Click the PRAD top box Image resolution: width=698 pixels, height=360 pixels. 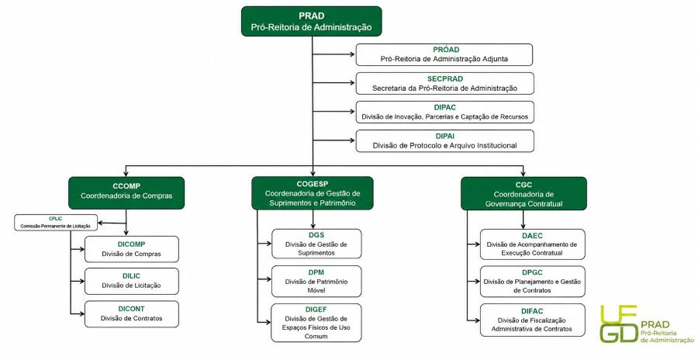pos(312,21)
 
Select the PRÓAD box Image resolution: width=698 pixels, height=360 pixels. pos(444,54)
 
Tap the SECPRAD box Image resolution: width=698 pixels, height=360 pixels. pos(444,84)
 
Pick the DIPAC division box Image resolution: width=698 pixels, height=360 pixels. pos(444,112)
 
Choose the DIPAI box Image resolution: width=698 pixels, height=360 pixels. pos(444,140)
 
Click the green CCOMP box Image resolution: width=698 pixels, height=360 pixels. pos(126,193)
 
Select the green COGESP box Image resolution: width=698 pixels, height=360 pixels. pos(313,193)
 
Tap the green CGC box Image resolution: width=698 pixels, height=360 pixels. pos(523,194)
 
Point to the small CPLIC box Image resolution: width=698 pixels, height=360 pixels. pos(56,223)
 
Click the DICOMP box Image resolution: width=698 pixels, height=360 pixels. pos(132,249)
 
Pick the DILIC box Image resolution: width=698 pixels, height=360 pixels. pos(132,281)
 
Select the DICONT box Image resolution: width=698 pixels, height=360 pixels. pos(132,314)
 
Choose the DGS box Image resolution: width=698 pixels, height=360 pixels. pos(316,244)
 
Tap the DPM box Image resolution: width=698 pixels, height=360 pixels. pos(316,281)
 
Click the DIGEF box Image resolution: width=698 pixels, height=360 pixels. pos(316,323)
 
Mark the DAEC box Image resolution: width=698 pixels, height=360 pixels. pos(532,244)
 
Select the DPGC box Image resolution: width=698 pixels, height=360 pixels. pos(532,282)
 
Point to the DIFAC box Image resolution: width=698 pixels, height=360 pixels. pos(532,320)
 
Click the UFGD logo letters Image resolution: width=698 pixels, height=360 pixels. pos(619,324)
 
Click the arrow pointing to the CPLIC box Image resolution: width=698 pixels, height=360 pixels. pos(112,223)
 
